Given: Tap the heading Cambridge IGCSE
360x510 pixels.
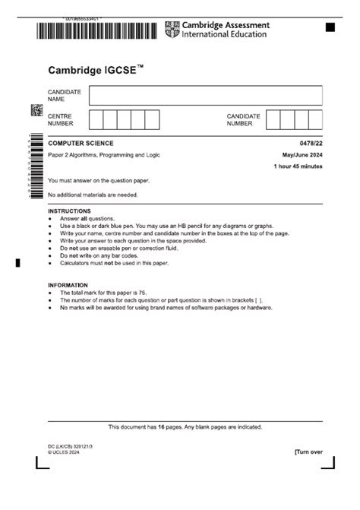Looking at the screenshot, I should [96, 70].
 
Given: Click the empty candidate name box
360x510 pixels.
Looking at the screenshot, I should [205, 95].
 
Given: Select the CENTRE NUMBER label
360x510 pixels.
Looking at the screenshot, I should [61, 119].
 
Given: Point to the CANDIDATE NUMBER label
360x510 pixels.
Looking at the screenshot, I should [243, 119].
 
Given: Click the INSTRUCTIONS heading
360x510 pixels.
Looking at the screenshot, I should [69, 211].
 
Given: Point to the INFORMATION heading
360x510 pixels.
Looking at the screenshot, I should [68, 285].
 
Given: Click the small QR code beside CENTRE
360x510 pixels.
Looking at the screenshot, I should [36, 109].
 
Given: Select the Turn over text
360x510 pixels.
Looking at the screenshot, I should [308, 451].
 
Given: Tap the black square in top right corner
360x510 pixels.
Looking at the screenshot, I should [330, 27].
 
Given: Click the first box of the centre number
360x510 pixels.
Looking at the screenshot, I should [96, 119].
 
